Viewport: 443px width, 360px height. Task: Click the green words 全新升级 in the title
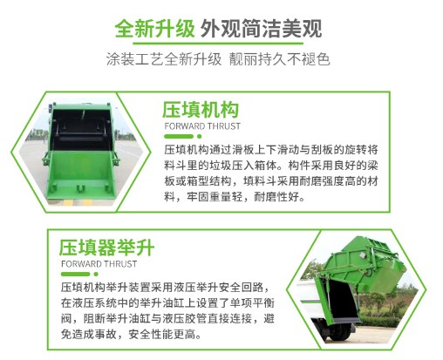coord(154,29)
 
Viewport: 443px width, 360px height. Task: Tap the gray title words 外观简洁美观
coord(262,29)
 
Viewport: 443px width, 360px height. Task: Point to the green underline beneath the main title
coord(218,44)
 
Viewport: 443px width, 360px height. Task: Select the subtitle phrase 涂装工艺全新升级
coord(164,59)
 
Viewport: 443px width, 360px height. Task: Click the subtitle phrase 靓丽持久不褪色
coord(279,59)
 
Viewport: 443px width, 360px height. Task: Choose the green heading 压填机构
coord(201,110)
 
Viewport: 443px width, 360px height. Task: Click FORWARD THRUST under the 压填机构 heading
coord(202,126)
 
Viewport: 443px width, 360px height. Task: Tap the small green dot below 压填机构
coord(199,136)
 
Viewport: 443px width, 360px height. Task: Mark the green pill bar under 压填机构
coord(179,136)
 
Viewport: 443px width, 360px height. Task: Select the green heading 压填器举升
coord(106,248)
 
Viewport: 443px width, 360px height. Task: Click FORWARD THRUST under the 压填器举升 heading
coord(99,264)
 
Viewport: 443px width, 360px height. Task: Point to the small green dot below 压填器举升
coord(96,274)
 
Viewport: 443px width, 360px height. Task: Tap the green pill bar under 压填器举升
coord(75,274)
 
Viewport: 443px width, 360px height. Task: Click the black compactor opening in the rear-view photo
coord(80,131)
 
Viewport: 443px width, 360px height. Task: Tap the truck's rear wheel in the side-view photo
coord(340,331)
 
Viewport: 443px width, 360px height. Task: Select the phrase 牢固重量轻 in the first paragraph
coord(215,197)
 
